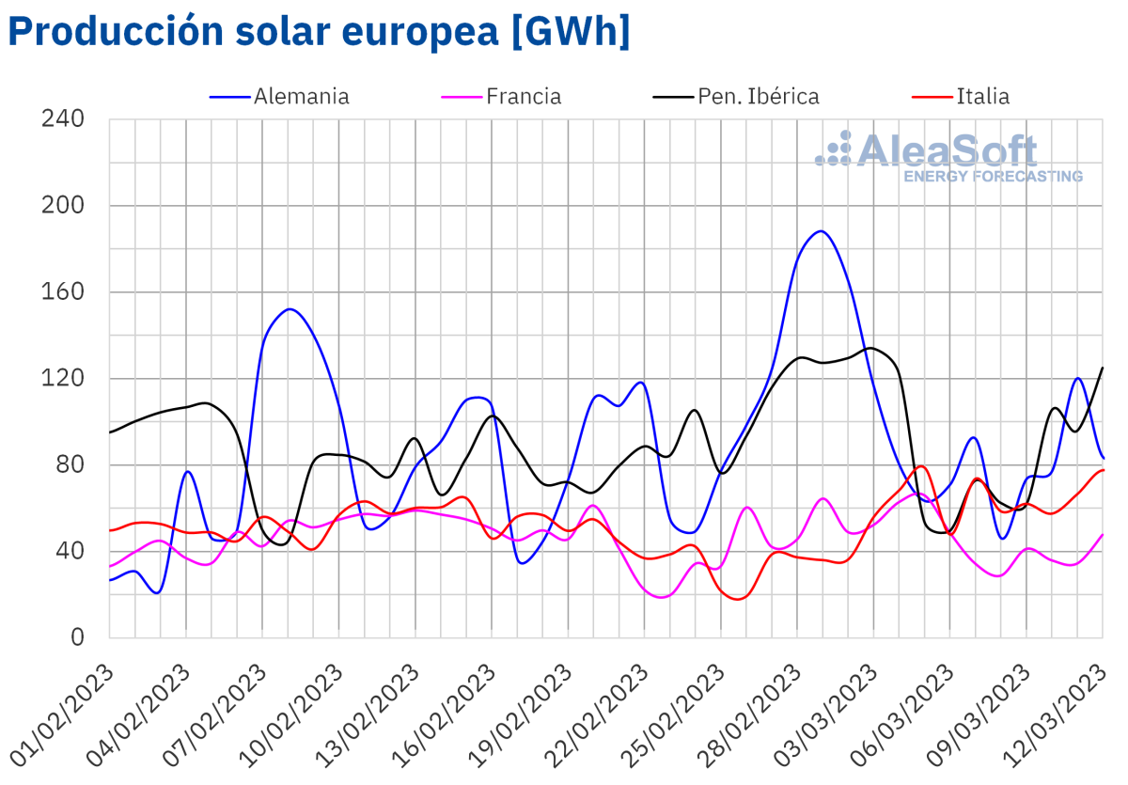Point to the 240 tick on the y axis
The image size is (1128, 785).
(63, 119)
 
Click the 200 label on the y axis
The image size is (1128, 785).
(63, 206)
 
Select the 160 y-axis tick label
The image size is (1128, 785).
(63, 292)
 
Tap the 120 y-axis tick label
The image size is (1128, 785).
(63, 379)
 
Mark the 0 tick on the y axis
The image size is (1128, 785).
(78, 638)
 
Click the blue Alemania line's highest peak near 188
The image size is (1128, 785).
(822, 230)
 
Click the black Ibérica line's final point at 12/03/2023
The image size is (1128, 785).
(1103, 368)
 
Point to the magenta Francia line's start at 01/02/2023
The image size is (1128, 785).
(110, 567)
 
